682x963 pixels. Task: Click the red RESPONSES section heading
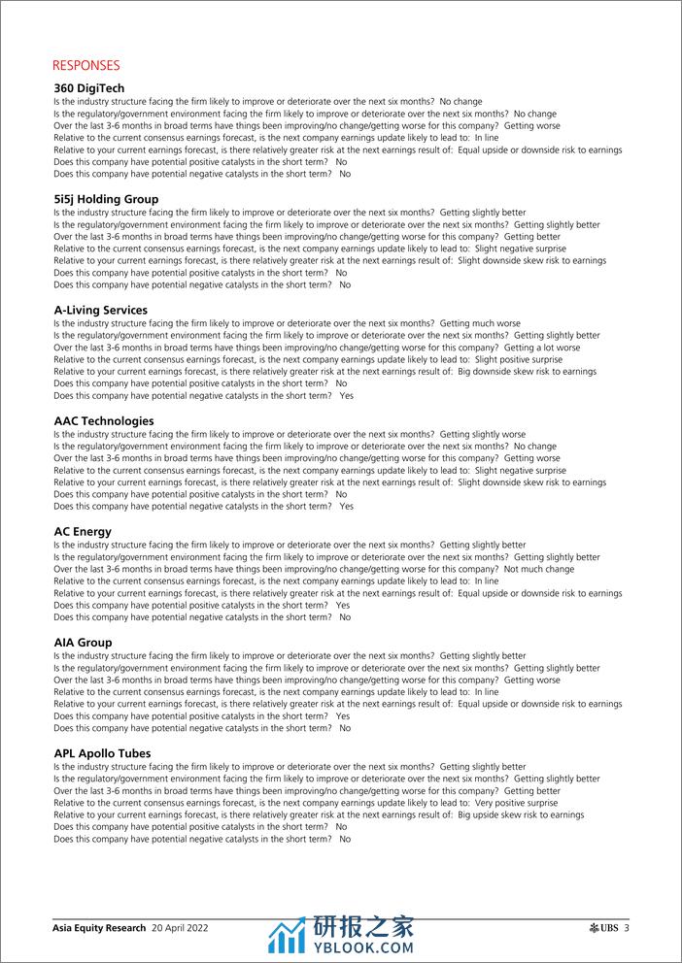pos(86,66)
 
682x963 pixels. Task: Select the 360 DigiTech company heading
pos(89,88)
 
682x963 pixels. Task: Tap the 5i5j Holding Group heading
pos(106,199)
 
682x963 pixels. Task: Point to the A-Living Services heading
pos(101,310)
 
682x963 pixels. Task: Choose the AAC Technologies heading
pos(104,420)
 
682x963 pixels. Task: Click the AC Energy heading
pos(83,531)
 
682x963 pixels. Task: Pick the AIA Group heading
pos(83,642)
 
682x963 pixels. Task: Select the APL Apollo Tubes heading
pos(102,752)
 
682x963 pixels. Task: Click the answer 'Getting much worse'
pos(480,323)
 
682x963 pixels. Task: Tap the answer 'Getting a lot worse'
pos(542,348)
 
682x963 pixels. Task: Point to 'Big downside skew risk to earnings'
pos(527,371)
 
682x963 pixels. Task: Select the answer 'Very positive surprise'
pos(517,803)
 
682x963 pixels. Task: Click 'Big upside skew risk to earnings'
pos(521,814)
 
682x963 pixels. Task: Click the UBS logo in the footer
pos(603,928)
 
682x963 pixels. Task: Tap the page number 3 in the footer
pos(628,928)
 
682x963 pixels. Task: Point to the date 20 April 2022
pos(180,928)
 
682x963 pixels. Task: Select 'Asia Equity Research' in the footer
pos(99,928)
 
